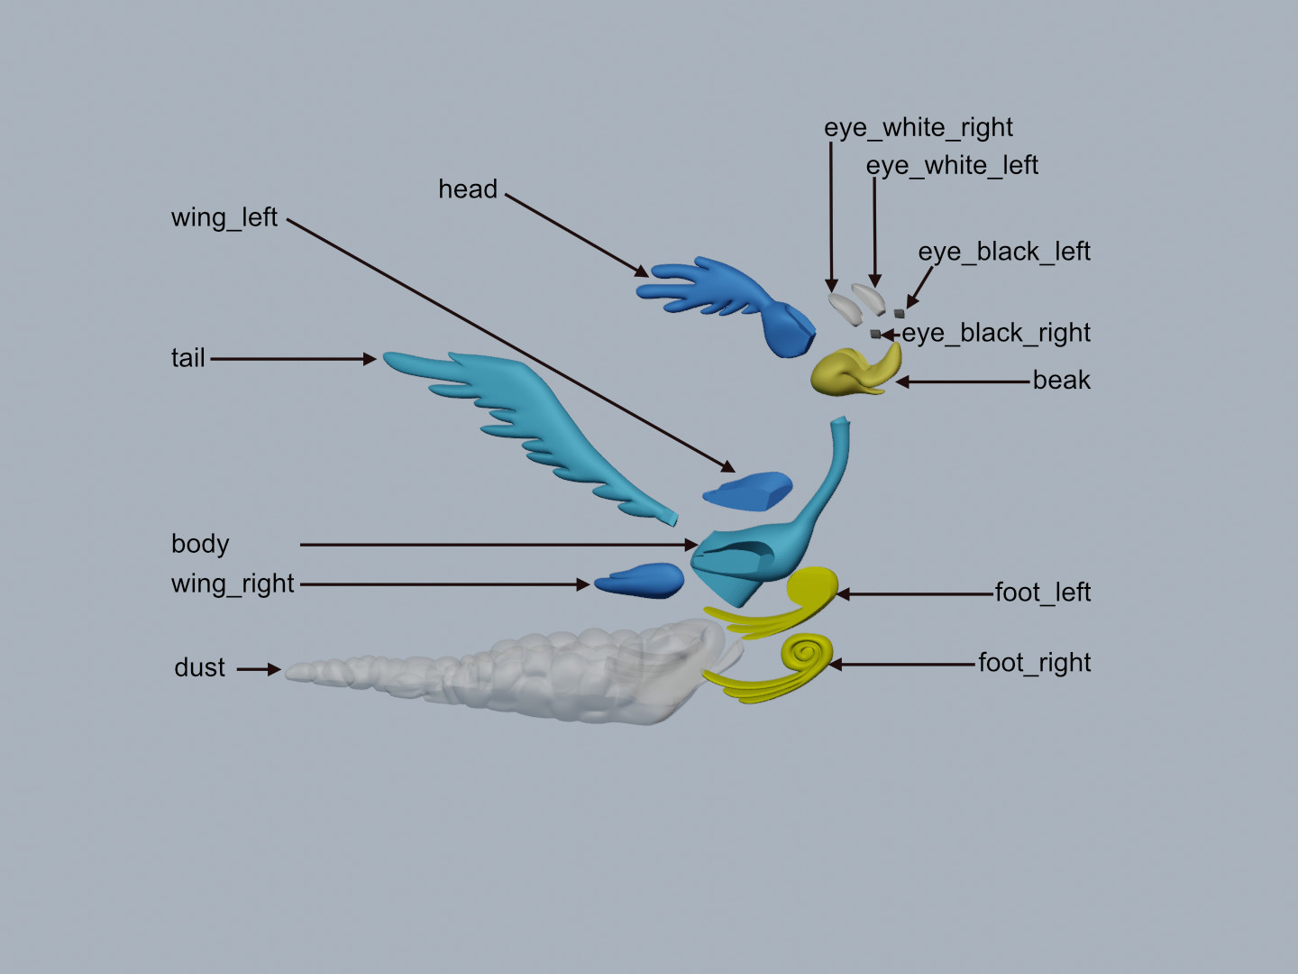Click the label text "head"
467,189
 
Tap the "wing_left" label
224,218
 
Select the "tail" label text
188,358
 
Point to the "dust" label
199,668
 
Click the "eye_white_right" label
918,128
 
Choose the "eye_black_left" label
1003,252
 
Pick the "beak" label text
1061,381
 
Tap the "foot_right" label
1034,664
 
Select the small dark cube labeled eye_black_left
899,314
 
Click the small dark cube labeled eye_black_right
874,334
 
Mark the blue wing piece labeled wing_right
641,581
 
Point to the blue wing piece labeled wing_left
748,491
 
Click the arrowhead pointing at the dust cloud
274,669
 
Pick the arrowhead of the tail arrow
370,359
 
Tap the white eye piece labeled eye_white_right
846,307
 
